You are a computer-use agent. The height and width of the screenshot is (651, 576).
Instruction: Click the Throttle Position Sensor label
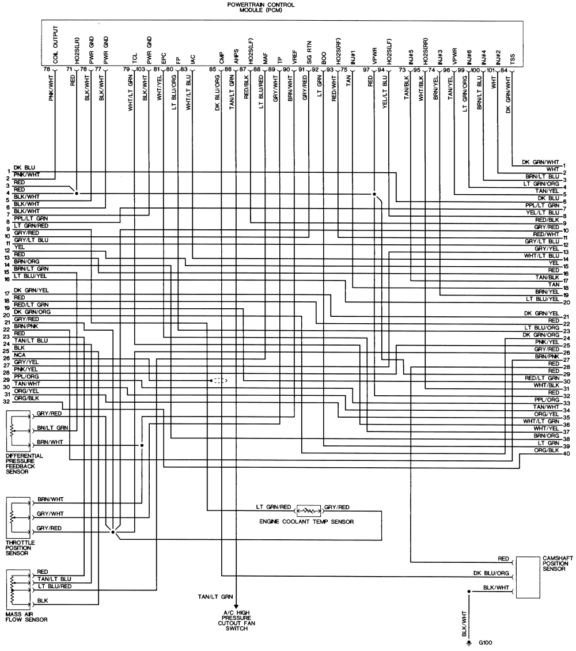[x=20, y=547]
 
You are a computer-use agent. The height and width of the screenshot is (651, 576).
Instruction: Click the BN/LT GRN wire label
[x=53, y=428]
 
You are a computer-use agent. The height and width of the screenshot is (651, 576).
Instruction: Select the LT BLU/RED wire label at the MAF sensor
[x=55, y=585]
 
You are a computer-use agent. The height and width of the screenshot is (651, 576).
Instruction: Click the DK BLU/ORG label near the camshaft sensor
[x=491, y=573]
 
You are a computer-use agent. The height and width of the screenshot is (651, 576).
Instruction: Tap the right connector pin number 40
[x=567, y=453]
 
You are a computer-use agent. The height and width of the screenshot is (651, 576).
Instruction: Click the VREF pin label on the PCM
[x=294, y=58]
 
